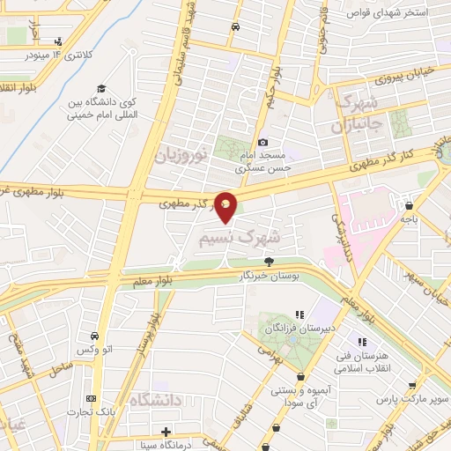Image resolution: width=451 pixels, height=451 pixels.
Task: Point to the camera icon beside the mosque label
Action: (x=262, y=142)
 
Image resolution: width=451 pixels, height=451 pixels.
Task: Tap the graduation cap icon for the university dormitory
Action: (x=101, y=89)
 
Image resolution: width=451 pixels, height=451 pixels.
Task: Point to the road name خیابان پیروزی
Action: (x=407, y=77)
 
